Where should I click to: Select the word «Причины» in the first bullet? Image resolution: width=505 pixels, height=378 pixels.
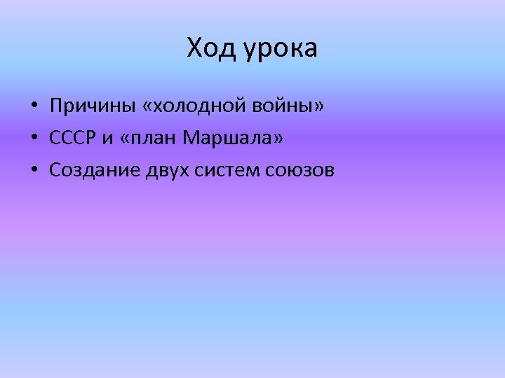tap(85, 106)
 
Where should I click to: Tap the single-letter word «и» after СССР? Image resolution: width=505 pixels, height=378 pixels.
tap(107, 139)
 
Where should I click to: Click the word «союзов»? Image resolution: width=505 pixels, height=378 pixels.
tap(300, 169)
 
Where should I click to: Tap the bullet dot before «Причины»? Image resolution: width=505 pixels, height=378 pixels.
tap(34, 107)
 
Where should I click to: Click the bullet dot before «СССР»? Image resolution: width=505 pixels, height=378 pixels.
tap(34, 139)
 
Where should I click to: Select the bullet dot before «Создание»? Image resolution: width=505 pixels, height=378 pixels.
tap(34, 170)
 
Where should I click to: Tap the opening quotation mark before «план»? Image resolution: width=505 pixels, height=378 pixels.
tap(125, 139)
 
